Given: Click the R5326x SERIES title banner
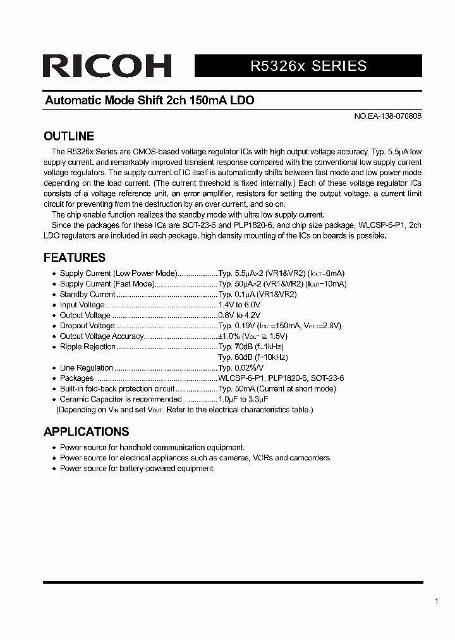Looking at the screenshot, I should (x=308, y=66).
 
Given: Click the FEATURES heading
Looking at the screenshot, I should (x=74, y=257).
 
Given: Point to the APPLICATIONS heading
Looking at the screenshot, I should (x=86, y=431).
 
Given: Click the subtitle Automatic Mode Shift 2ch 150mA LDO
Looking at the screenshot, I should (x=149, y=101).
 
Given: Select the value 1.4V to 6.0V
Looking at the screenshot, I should (x=239, y=305).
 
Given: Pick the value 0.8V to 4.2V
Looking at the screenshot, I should (x=239, y=315).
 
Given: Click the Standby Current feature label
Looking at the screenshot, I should (x=87, y=294).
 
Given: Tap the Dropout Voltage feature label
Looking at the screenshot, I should (x=87, y=326).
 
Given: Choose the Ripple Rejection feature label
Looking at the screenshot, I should (x=87, y=347).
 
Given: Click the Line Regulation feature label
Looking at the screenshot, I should (x=86, y=367).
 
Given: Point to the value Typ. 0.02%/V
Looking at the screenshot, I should (x=241, y=367).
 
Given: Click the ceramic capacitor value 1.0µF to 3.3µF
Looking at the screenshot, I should (x=243, y=399).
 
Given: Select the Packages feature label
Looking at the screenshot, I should (x=76, y=378).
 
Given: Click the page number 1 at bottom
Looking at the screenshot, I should (x=437, y=601).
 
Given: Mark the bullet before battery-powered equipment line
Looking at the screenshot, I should (x=53, y=469).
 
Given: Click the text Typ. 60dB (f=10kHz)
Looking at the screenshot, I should (x=253, y=357).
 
